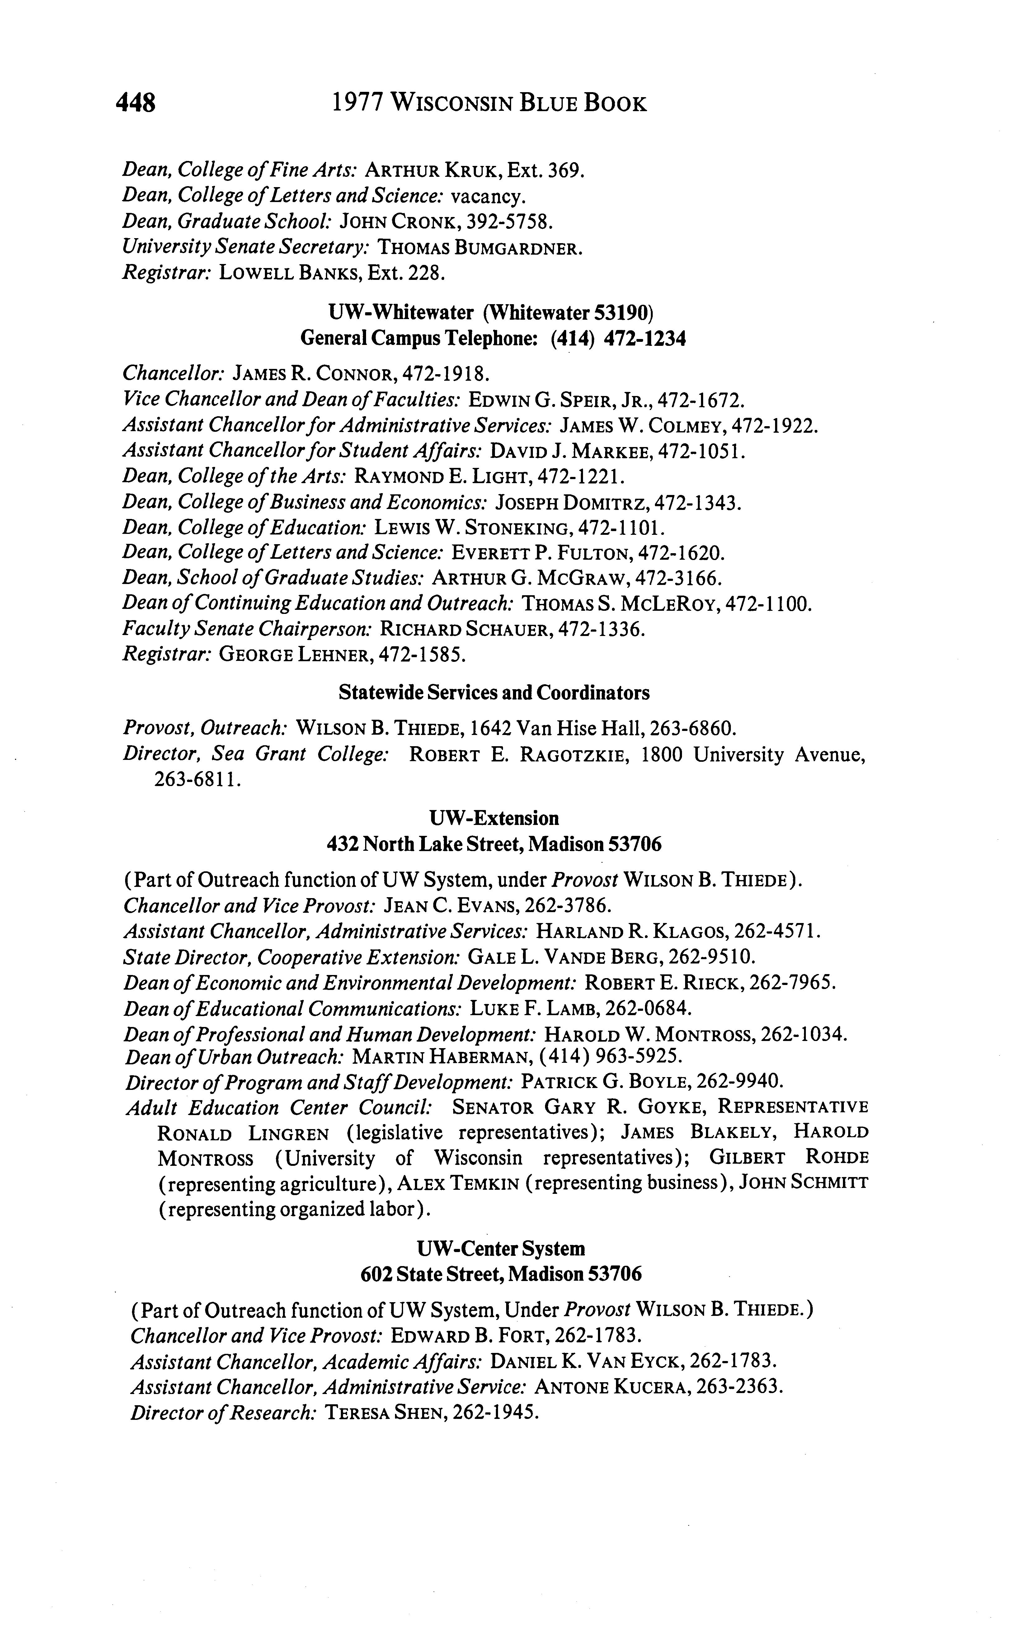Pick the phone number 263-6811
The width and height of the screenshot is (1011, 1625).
pyautogui.click(x=197, y=780)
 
